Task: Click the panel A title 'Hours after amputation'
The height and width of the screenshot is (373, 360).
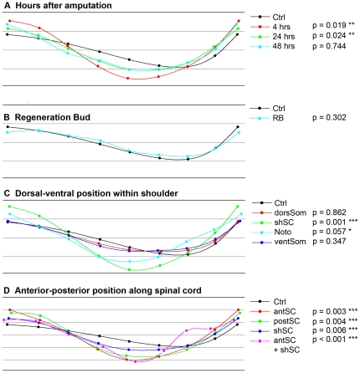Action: point(64,6)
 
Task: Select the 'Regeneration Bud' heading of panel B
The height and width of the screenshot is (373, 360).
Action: point(53,117)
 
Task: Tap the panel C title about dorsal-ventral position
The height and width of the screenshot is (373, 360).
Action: point(96,193)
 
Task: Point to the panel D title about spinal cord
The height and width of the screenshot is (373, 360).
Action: point(108,290)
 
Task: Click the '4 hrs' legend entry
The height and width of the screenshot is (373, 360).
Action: point(281,27)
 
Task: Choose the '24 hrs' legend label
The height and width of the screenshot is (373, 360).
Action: point(284,36)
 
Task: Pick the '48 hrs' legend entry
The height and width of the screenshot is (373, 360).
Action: point(284,46)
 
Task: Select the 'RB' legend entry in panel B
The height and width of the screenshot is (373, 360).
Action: point(278,118)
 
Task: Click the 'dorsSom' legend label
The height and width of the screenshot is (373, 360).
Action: point(291,212)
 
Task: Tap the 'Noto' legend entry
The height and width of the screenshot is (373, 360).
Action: point(283,232)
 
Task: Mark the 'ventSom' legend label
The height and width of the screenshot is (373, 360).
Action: point(290,242)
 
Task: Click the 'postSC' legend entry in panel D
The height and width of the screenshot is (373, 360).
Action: point(286,321)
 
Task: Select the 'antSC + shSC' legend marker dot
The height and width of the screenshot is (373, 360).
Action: point(260,340)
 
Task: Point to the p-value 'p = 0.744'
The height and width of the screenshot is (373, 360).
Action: point(329,46)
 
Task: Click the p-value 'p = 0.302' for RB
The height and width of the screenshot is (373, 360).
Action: point(329,118)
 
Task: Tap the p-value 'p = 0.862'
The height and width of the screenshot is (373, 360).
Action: point(329,212)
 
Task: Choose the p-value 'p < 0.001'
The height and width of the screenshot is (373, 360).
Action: point(329,340)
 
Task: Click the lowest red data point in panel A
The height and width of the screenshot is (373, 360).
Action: point(128,79)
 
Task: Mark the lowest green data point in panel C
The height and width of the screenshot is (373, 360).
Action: point(130,269)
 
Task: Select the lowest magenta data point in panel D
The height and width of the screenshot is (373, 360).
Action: point(136,361)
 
